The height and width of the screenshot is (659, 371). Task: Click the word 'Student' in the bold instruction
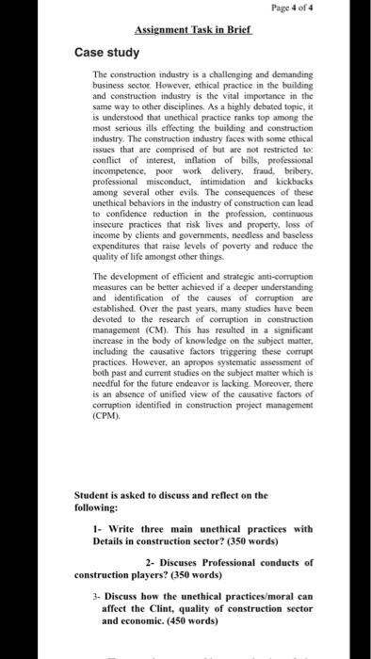click(92, 495)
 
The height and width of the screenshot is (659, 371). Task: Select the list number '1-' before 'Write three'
click(99, 528)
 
